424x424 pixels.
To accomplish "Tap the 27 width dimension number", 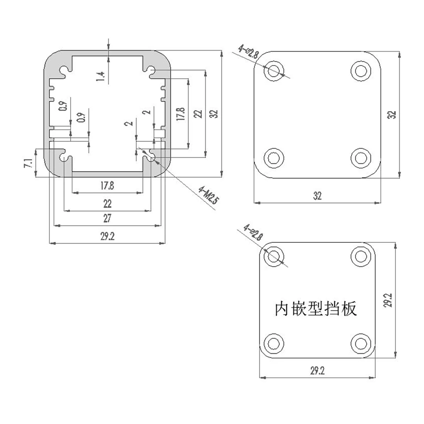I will (x=107, y=219).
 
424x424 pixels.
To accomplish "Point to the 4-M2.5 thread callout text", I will (x=207, y=196).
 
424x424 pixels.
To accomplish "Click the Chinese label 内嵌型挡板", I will (x=316, y=308).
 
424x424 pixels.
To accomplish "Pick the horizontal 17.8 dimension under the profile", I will (x=107, y=186).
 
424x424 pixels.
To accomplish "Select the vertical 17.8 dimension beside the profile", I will (x=181, y=114).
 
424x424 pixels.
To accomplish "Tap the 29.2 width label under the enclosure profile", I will (x=107, y=237).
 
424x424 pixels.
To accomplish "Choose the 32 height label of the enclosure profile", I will (x=215, y=114).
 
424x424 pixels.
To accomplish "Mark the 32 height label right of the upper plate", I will (x=392, y=114).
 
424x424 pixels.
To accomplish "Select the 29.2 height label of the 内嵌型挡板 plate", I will (x=388, y=300).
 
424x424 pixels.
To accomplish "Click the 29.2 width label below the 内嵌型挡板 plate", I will (x=317, y=371).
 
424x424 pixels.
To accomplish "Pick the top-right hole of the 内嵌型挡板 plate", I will (x=361, y=256).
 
